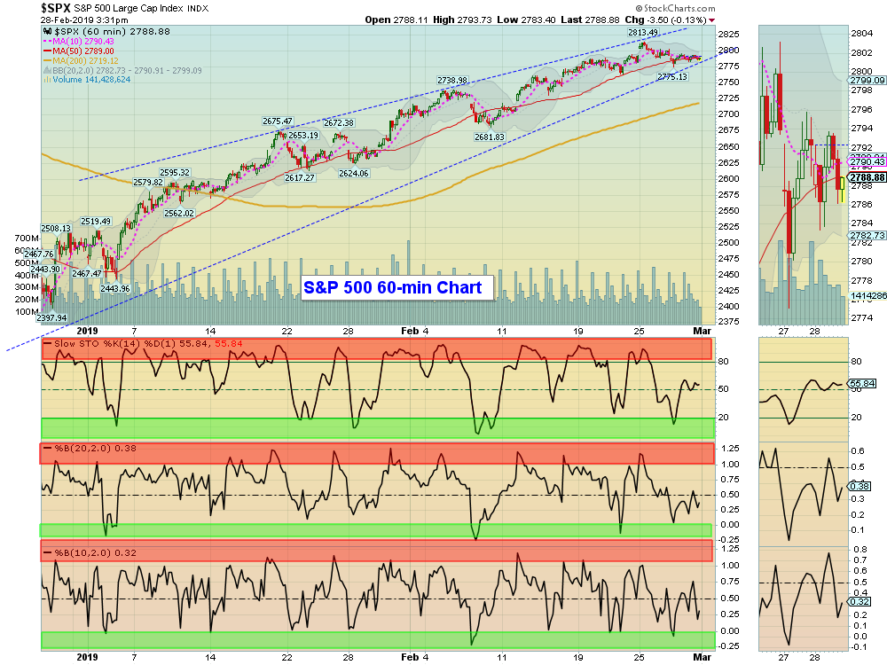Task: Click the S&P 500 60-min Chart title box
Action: point(393,287)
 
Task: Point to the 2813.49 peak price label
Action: point(643,33)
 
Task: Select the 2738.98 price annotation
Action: point(451,81)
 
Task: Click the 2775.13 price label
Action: point(672,77)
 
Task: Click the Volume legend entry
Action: point(89,80)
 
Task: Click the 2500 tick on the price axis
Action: point(729,243)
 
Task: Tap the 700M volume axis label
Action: point(27,239)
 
